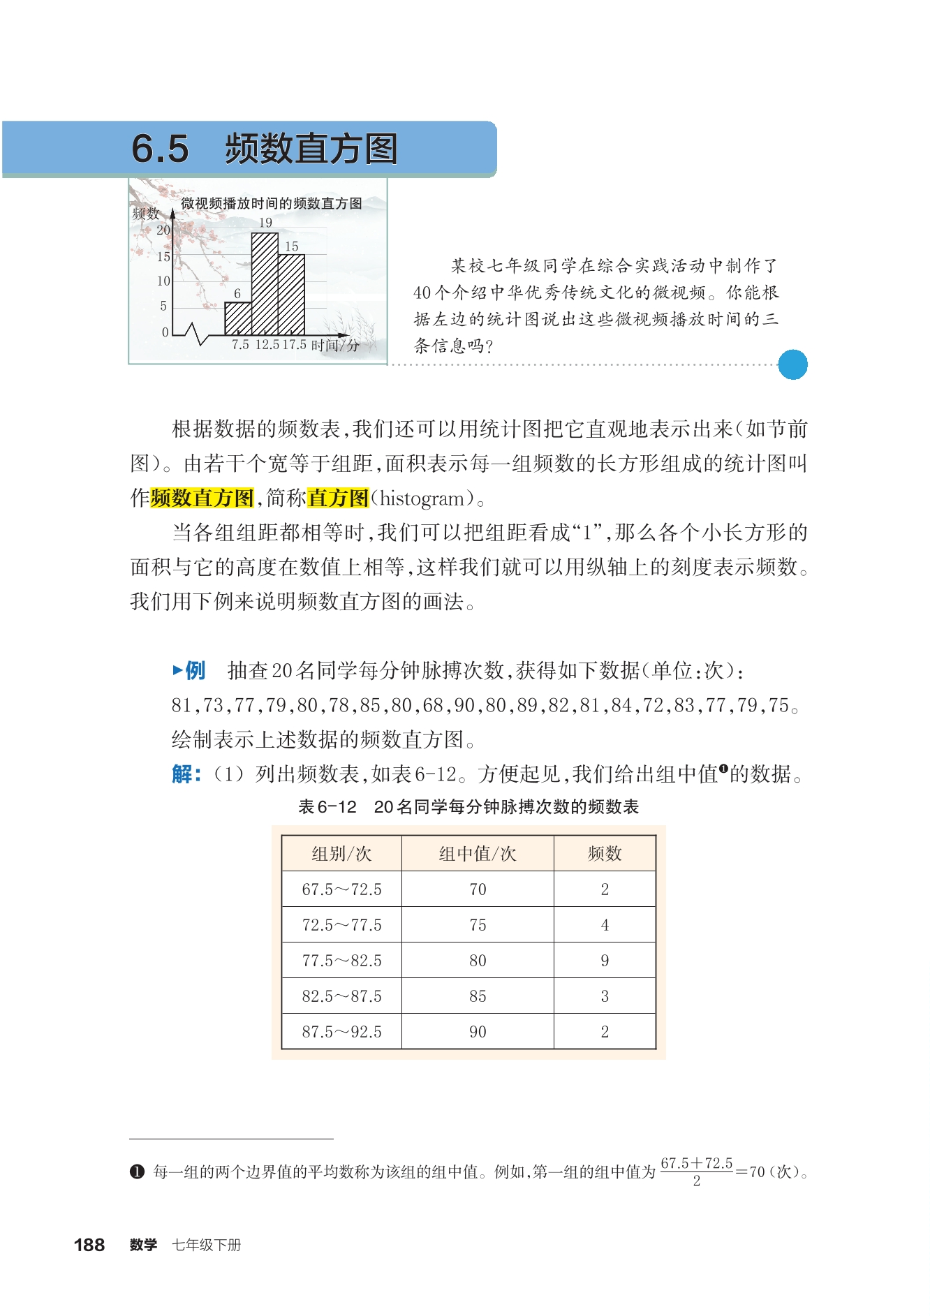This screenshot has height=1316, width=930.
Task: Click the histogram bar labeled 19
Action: click(265, 283)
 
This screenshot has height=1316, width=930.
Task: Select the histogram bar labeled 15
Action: click(291, 295)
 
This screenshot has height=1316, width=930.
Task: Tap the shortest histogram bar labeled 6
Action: click(238, 318)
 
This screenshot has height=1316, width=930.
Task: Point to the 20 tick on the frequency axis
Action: click(163, 230)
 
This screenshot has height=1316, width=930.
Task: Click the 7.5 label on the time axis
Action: click(240, 345)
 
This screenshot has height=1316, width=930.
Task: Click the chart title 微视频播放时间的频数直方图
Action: click(272, 203)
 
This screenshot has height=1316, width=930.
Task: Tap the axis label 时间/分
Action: click(336, 345)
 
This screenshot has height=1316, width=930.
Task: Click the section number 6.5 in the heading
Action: click(160, 149)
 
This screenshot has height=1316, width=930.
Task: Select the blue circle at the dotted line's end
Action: click(792, 364)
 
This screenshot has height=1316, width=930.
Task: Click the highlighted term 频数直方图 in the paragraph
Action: click(202, 498)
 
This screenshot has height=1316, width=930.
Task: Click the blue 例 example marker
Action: click(189, 671)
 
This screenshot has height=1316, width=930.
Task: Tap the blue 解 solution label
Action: click(186, 774)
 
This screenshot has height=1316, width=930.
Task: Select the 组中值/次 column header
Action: click(478, 854)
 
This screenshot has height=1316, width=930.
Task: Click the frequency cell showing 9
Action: click(605, 961)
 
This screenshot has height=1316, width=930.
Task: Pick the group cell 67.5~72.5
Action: click(341, 889)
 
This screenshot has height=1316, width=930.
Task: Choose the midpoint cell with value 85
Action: click(478, 996)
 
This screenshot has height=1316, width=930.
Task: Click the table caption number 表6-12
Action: click(327, 807)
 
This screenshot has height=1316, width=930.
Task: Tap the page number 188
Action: click(89, 1245)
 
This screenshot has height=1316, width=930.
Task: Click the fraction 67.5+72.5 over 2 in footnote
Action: click(696, 1171)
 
